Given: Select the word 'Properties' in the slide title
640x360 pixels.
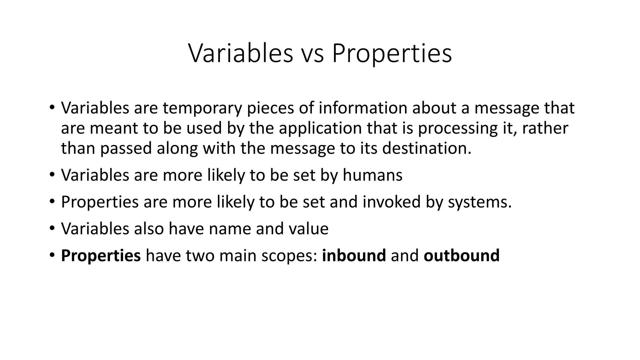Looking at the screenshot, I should pyautogui.click(x=392, y=53).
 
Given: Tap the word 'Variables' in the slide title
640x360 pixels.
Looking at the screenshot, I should pyautogui.click(x=241, y=53).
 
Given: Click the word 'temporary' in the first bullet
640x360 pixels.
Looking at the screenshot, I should pyautogui.click(x=202, y=108).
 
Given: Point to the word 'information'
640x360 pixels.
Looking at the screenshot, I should pyautogui.click(x=362, y=108).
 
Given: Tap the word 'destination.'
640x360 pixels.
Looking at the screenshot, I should pyautogui.click(x=427, y=148).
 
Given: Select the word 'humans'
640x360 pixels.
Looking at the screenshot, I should pyautogui.click(x=372, y=175).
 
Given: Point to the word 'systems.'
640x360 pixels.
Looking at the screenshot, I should pyautogui.click(x=480, y=202).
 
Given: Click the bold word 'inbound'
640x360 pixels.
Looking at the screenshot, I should pyautogui.click(x=354, y=256).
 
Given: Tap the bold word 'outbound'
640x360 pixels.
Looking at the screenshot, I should pyautogui.click(x=462, y=256).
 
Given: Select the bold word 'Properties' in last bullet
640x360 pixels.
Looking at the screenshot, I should pyautogui.click(x=101, y=256).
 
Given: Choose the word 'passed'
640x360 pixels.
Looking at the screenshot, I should pyautogui.click(x=126, y=148).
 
